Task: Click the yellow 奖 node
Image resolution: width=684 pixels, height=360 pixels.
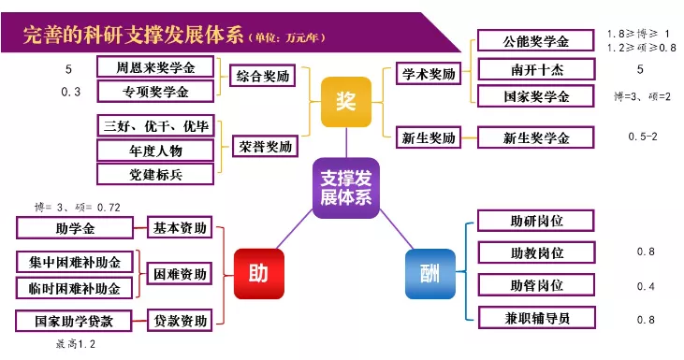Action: click(345, 101)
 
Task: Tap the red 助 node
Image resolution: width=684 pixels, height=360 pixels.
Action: click(258, 274)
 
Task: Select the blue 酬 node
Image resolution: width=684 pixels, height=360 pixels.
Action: click(429, 274)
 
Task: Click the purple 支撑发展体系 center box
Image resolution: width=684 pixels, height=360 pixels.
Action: click(345, 187)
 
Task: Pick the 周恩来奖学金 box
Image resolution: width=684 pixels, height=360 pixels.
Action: click(156, 68)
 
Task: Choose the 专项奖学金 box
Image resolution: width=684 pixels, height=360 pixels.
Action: click(156, 92)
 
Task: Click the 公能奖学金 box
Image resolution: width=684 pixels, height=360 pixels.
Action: click(535, 41)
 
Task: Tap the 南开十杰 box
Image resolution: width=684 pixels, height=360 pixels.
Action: click(535, 69)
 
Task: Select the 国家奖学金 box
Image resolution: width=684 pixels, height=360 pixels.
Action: click(535, 96)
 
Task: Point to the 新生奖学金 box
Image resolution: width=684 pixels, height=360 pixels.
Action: click(535, 137)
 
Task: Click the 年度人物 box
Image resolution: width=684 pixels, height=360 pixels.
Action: click(156, 150)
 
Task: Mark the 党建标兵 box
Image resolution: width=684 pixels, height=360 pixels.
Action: click(156, 173)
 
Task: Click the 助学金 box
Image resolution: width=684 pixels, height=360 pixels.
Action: click(76, 227)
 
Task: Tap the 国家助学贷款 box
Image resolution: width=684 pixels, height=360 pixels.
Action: click(76, 321)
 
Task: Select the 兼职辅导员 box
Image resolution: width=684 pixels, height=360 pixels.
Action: click(536, 318)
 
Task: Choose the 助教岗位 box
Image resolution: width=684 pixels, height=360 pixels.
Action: click(536, 252)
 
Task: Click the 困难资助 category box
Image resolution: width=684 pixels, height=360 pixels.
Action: click(181, 273)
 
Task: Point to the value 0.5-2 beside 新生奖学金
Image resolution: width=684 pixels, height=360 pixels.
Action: click(642, 137)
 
